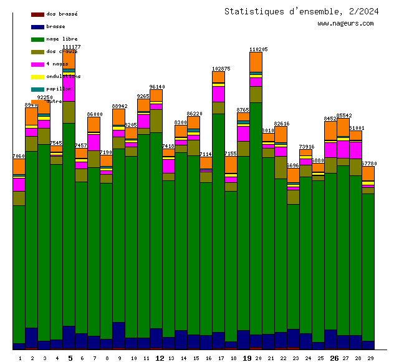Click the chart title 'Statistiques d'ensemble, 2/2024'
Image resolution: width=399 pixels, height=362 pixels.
click(x=301, y=11)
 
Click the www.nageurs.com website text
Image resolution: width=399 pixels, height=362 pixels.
click(x=345, y=24)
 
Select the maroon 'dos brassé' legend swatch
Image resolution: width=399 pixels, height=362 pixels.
click(x=37, y=14)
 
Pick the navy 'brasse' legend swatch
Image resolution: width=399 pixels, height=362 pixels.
click(x=37, y=27)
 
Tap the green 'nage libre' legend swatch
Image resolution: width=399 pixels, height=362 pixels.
click(x=37, y=39)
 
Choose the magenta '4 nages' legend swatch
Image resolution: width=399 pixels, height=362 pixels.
click(x=37, y=64)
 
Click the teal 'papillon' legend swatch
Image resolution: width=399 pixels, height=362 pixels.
click(x=37, y=89)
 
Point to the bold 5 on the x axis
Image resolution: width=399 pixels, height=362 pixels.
click(x=70, y=358)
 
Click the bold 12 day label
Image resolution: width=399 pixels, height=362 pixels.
click(x=160, y=358)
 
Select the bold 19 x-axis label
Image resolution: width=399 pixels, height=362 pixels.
click(x=247, y=358)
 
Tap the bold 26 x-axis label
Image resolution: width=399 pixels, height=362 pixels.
click(x=334, y=358)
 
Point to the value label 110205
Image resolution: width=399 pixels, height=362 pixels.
click(x=258, y=49)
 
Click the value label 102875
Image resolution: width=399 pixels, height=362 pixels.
click(x=221, y=69)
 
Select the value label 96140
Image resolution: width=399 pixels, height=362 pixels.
click(x=157, y=87)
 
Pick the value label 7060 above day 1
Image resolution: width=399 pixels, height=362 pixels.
click(x=19, y=156)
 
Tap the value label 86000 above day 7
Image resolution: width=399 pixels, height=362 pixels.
click(x=94, y=114)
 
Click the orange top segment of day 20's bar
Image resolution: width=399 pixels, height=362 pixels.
click(x=256, y=62)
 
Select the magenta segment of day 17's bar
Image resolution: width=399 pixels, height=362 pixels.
click(x=218, y=94)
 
